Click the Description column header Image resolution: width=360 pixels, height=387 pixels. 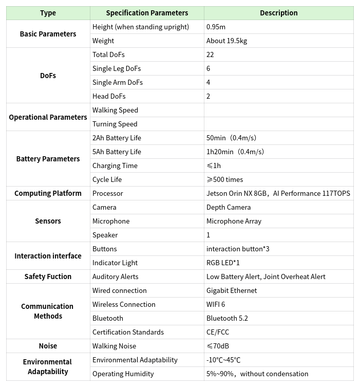[x=278, y=13]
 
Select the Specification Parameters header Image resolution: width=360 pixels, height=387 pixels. [x=147, y=13]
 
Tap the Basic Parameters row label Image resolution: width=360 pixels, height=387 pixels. [x=48, y=34]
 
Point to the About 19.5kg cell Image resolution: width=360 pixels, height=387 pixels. [x=226, y=41]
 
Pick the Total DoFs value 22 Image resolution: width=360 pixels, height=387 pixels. [x=210, y=54]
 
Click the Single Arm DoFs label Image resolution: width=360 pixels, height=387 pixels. [x=118, y=82]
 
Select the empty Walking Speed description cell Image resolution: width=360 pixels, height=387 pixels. [x=278, y=110]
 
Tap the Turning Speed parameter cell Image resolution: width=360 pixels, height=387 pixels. [x=115, y=124]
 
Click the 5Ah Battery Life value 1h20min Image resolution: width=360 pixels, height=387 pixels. [x=235, y=152]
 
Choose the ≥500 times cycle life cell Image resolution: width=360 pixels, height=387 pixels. [x=224, y=179]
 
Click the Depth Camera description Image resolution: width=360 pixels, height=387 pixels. [x=229, y=207]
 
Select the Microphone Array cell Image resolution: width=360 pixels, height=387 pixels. [x=234, y=221]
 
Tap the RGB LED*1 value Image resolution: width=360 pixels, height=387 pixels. [x=223, y=263]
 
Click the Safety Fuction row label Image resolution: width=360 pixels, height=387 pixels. [x=48, y=277]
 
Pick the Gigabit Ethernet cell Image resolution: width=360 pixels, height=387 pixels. [x=232, y=290]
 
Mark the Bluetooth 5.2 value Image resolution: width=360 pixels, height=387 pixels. [x=227, y=318]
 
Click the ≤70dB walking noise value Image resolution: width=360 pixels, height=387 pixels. [x=218, y=346]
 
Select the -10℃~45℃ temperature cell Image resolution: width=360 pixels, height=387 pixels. [x=223, y=360]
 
